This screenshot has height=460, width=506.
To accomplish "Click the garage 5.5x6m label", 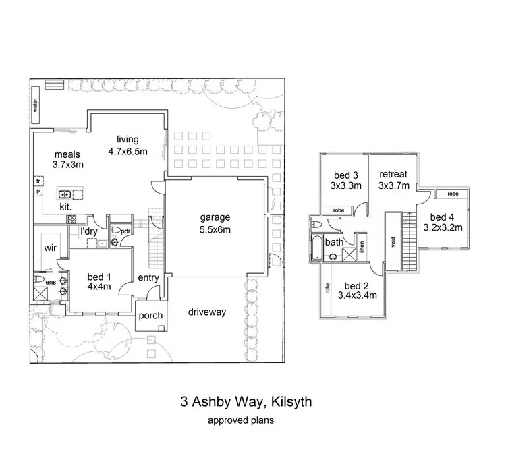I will (215, 223).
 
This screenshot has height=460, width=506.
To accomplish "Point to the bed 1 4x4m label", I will (99, 281).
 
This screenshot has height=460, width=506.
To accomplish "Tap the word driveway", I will (207, 312).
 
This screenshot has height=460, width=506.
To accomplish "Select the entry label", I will (148, 278).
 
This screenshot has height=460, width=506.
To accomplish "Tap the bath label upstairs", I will (333, 241).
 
